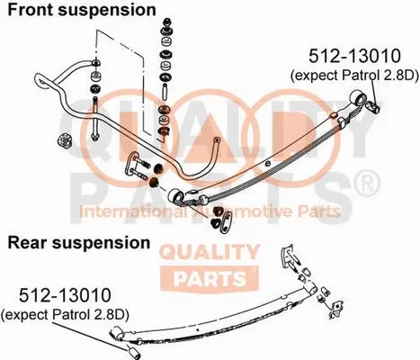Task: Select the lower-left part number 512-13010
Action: coord(56,294)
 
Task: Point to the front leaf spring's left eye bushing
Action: coord(178,195)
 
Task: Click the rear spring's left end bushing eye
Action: coord(114,337)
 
